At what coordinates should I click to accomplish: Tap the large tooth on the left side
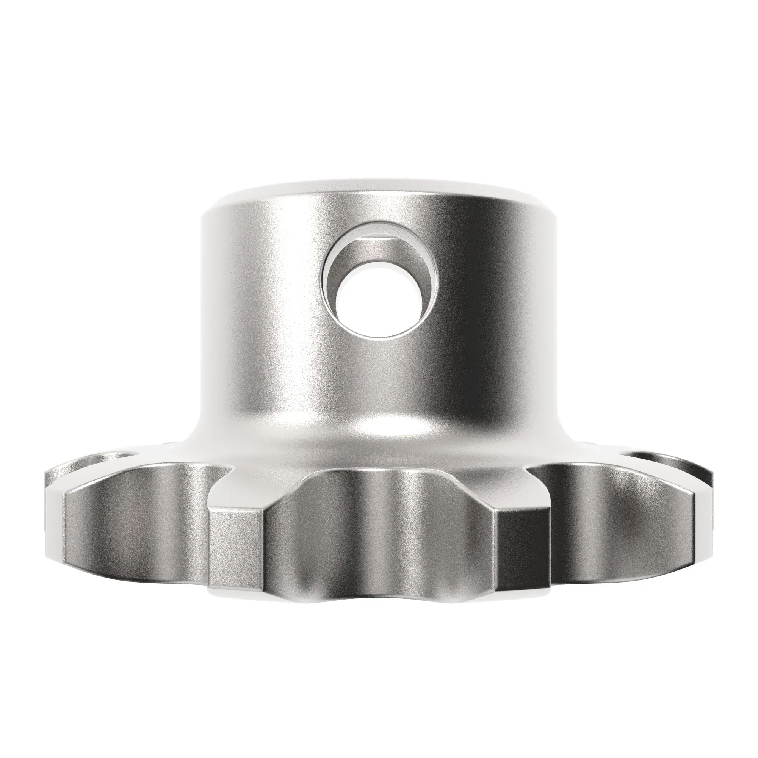(137, 526)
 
